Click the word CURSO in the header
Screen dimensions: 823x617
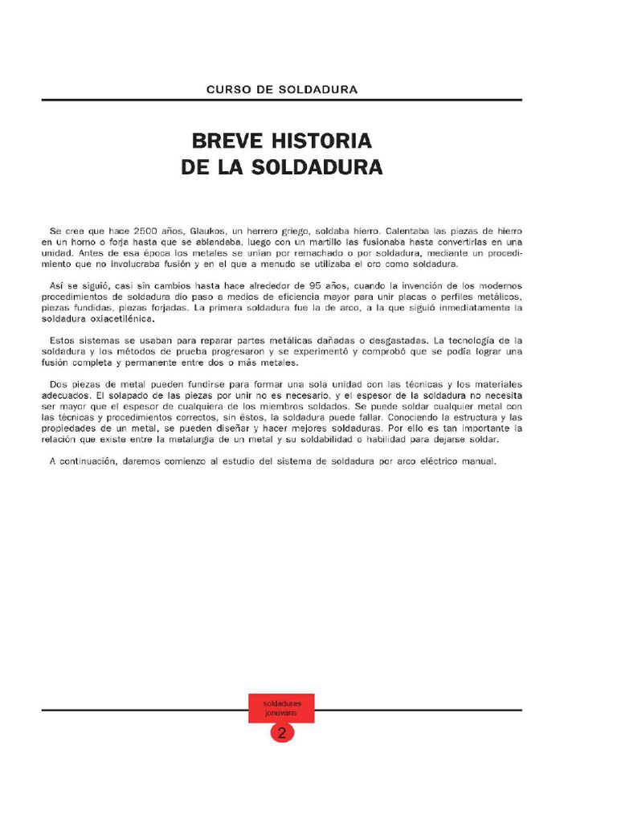click(x=225, y=89)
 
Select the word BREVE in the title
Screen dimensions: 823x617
click(x=221, y=141)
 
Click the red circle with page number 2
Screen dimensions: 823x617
click(x=282, y=732)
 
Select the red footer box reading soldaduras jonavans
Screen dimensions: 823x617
click(x=282, y=707)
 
